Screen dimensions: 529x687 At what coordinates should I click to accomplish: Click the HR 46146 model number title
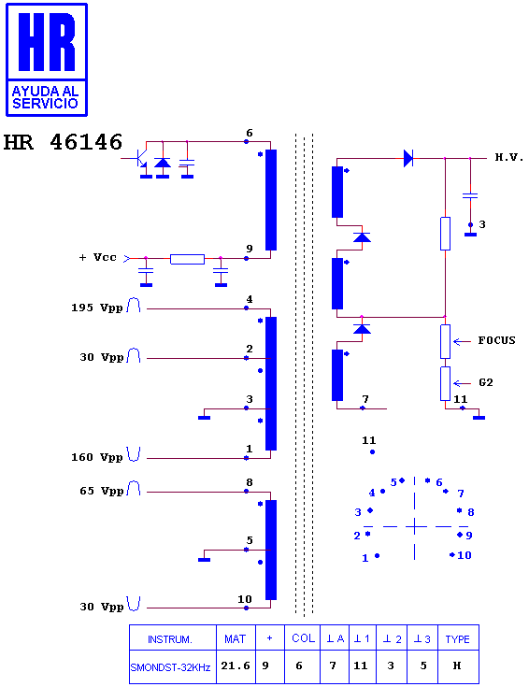[63, 142]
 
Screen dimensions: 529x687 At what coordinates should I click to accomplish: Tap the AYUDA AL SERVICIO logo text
[45, 97]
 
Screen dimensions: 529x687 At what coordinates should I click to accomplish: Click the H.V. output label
[509, 157]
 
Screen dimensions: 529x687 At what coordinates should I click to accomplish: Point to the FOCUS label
[496, 340]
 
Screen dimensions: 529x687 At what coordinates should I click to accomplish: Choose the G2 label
[486, 382]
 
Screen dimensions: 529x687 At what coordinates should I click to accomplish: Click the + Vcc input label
[98, 257]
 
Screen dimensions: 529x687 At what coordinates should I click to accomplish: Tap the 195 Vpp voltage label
[97, 308]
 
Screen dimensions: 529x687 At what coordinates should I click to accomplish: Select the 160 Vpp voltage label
[97, 457]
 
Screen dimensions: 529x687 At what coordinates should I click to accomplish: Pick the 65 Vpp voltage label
[101, 491]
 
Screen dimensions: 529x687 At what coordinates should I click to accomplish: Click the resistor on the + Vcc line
[187, 259]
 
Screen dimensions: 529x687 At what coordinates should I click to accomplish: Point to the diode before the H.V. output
[408, 158]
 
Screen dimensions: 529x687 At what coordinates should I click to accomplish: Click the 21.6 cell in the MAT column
[236, 666]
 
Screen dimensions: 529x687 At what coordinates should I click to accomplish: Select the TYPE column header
[458, 639]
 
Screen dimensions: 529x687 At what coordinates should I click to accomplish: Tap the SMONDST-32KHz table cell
[170, 667]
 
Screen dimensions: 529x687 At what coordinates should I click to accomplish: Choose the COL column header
[304, 638]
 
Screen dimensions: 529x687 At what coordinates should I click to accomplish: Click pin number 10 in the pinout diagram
[465, 555]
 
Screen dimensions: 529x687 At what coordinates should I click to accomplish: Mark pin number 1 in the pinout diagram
[365, 558]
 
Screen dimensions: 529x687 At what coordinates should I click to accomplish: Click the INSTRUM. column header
[170, 639]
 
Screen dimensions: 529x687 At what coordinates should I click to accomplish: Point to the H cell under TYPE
[457, 666]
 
